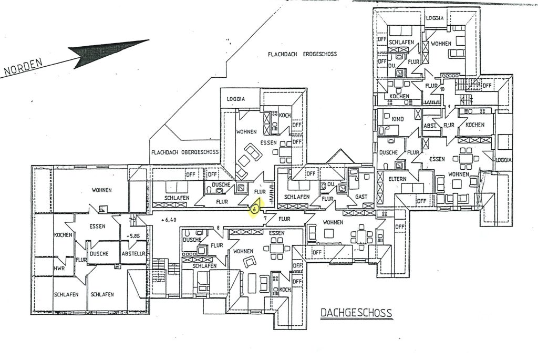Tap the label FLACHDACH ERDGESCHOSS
[x=302, y=54]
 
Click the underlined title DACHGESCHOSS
[x=356, y=314]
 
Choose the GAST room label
[x=361, y=196]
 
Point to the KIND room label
[x=398, y=119]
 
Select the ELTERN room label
[x=397, y=179]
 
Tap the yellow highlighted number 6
[x=254, y=209]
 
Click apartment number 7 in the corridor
[x=265, y=217]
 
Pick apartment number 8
[x=218, y=228]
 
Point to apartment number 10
[x=442, y=89]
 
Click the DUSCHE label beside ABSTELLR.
[x=99, y=253]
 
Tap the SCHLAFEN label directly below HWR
[x=66, y=294]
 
